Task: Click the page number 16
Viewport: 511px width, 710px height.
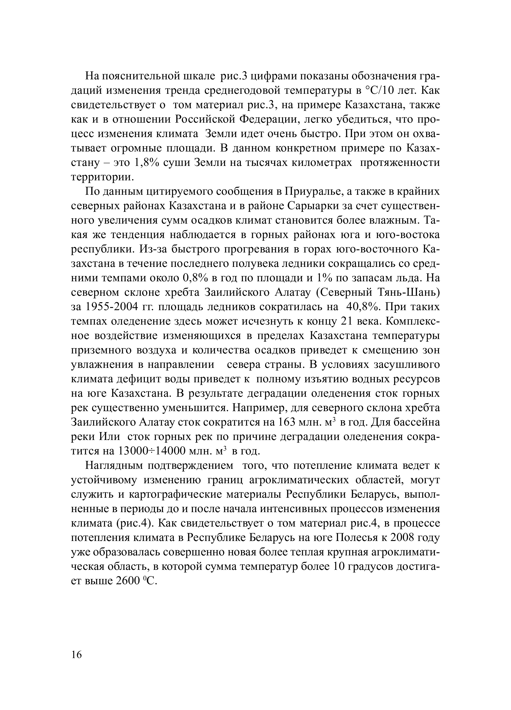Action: tap(76, 654)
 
